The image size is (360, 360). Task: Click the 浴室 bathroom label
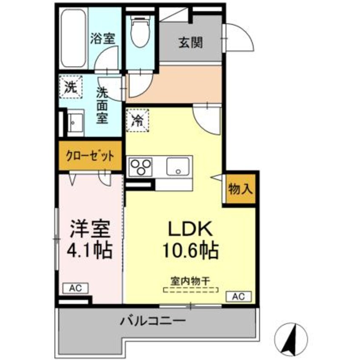point(102,38)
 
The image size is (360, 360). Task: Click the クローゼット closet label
point(90,156)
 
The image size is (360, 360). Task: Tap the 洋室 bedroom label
point(90,230)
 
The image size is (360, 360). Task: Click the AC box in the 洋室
point(76,288)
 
